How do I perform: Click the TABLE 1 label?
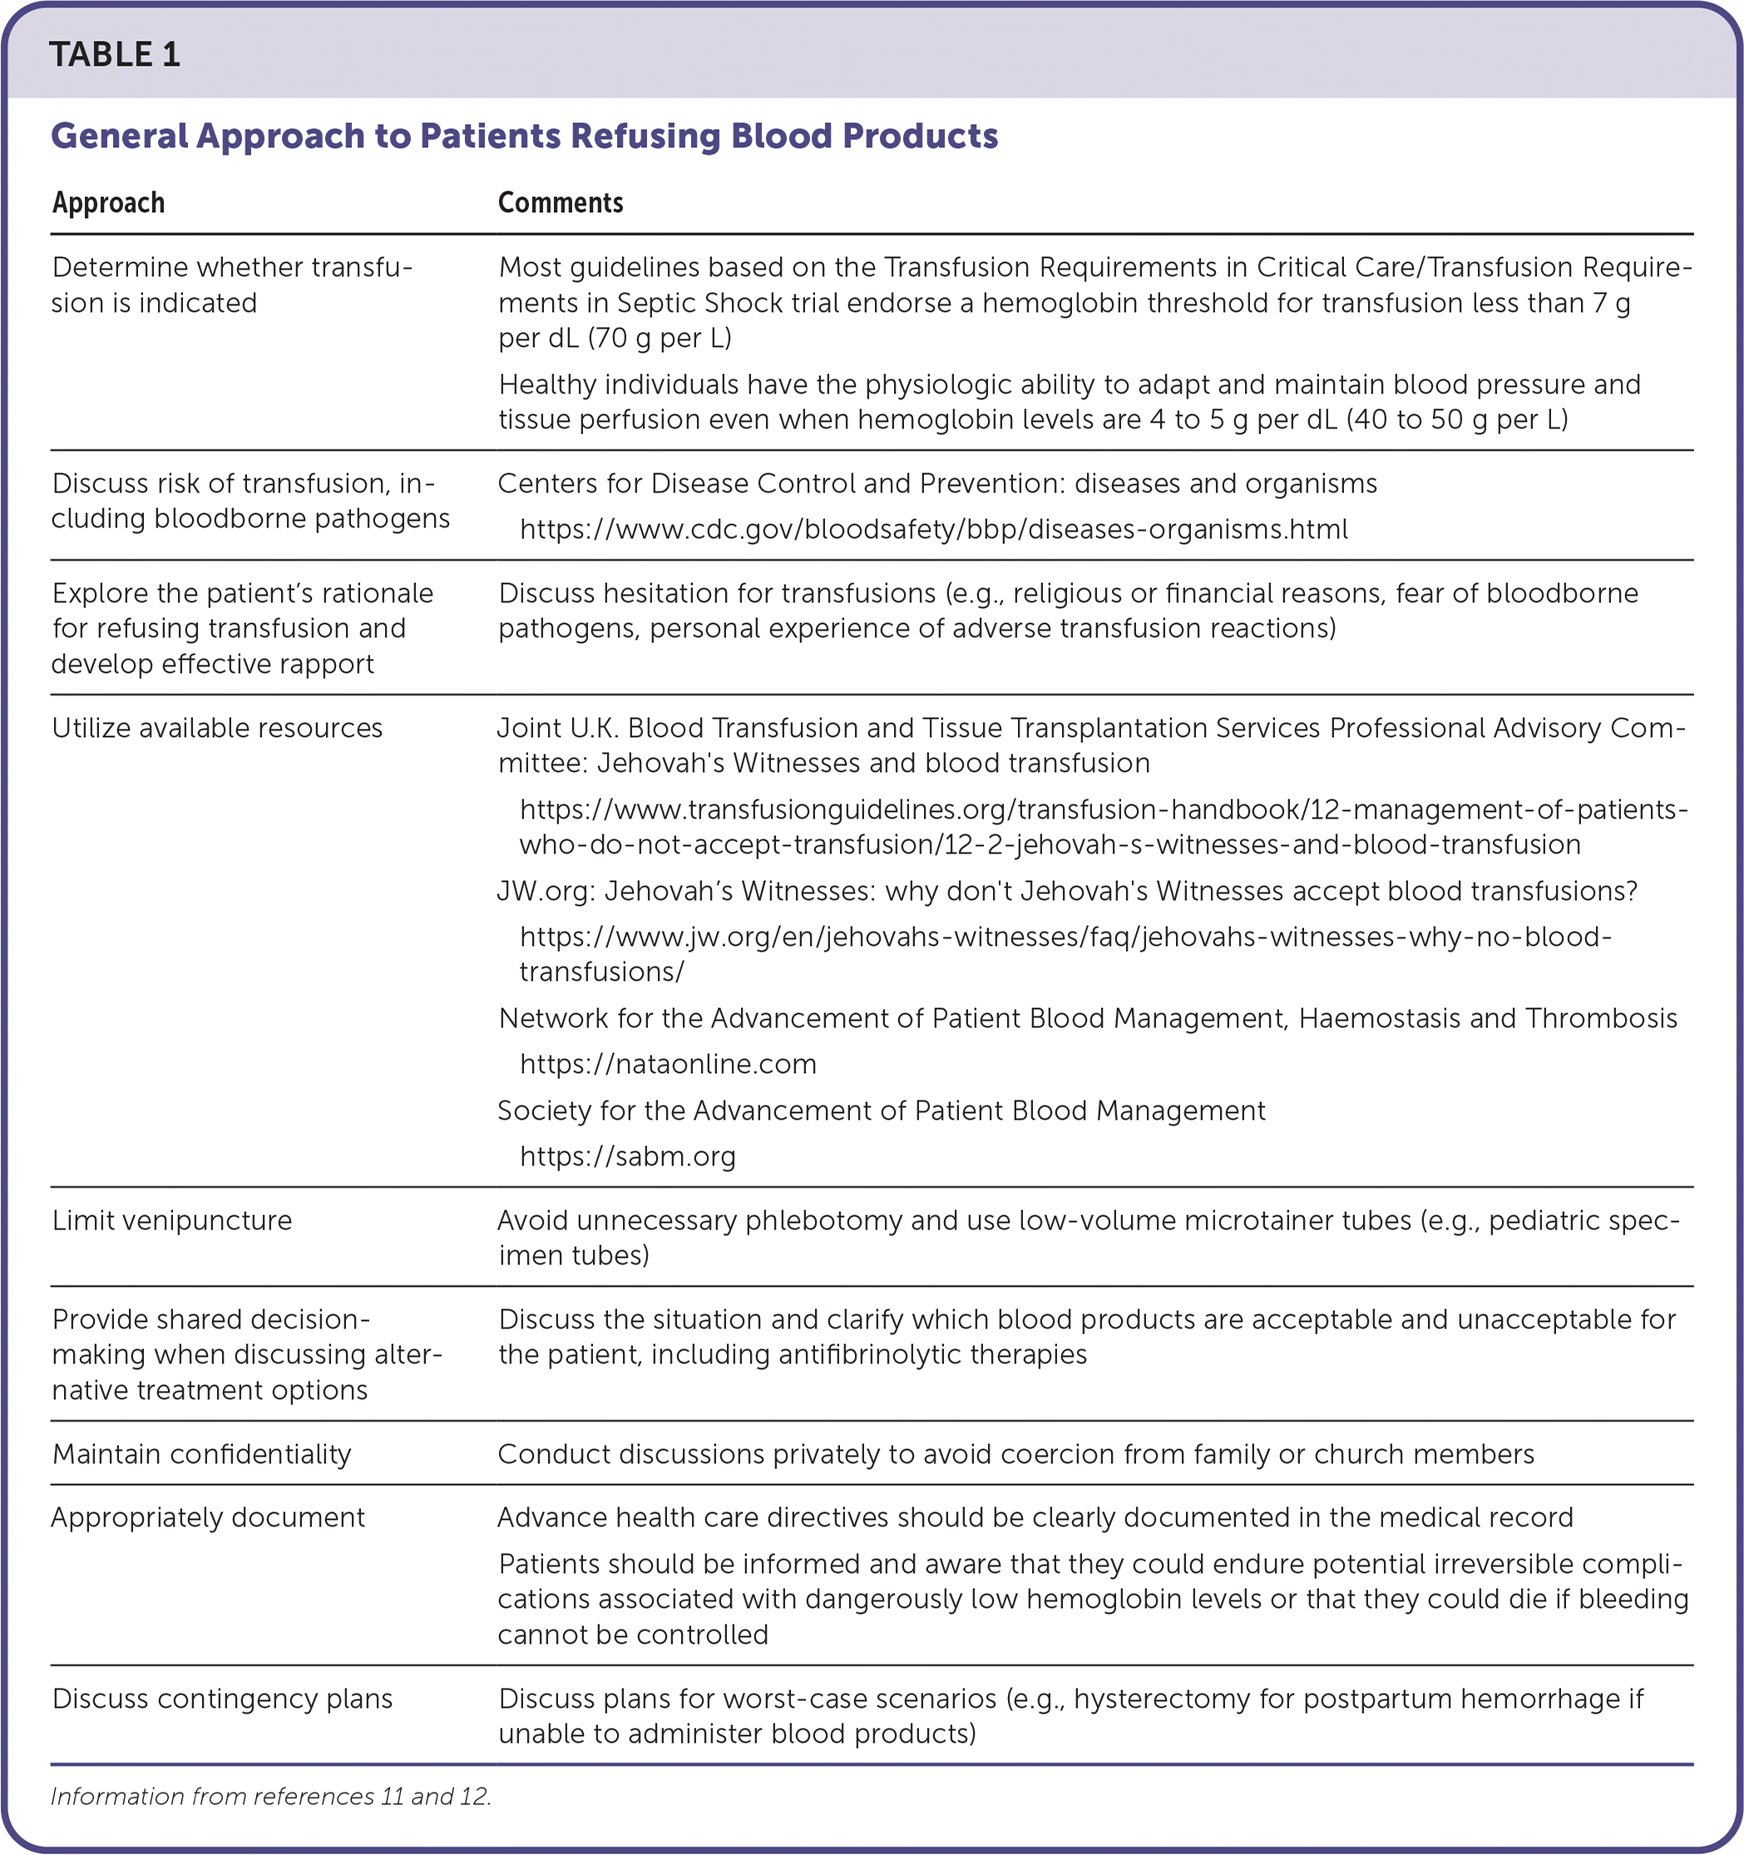coord(115,55)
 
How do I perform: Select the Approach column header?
coord(108,204)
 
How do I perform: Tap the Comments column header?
coord(560,204)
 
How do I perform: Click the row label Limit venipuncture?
coord(171,1220)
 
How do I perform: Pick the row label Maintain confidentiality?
coord(201,1454)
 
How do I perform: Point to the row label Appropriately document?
coord(208,1517)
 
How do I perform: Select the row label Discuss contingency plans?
coord(222,1699)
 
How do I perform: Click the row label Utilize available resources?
coord(216,728)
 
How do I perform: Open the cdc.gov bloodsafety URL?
coord(933,530)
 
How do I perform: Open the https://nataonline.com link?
coord(668,1064)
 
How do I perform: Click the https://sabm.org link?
coord(628,1156)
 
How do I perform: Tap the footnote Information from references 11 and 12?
coord(270,1796)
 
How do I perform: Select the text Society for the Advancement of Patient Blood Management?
coord(881,1111)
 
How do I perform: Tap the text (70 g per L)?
coord(660,338)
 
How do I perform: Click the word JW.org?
coord(545,891)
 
